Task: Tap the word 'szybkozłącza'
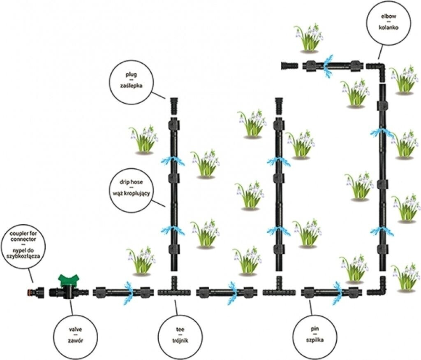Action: [x=28, y=255]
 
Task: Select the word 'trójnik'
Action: [x=180, y=340]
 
